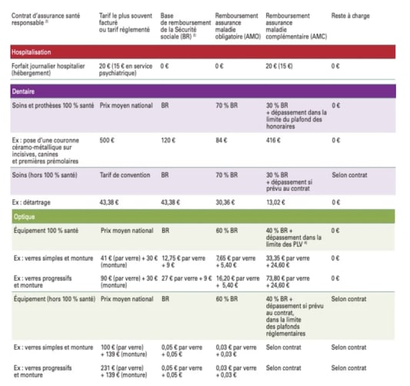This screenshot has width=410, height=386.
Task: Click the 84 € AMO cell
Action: pyautogui.click(x=222, y=141)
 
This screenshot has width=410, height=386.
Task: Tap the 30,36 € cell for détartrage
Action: pyautogui.click(x=226, y=203)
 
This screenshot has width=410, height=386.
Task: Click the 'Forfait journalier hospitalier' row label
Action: pyautogui.click(x=46, y=69)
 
